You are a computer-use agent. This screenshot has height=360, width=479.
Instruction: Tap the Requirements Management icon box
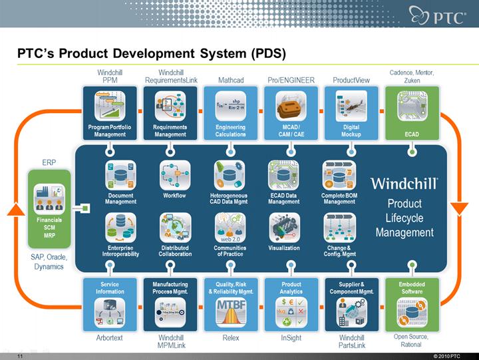(170, 112)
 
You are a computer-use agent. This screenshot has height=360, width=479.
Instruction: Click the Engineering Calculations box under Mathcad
(230, 112)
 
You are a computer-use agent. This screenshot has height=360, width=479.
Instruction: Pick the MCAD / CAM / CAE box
(290, 112)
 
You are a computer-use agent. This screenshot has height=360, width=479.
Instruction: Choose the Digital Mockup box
(351, 112)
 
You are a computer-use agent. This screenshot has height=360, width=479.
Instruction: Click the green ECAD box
(412, 112)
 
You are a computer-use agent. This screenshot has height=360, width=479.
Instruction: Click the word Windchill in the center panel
(404, 183)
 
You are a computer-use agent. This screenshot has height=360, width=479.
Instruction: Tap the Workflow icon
(174, 176)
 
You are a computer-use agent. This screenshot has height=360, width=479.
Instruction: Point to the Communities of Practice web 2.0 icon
(230, 228)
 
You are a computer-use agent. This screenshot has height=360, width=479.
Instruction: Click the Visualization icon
(284, 228)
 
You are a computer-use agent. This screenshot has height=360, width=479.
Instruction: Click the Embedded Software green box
(412, 304)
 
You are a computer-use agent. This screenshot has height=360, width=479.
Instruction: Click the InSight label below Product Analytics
(291, 338)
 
